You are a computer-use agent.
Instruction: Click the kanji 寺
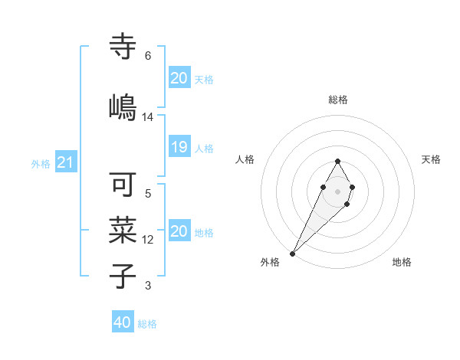[x=123, y=47]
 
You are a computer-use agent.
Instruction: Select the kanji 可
[x=123, y=185]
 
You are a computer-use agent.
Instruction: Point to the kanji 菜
[x=123, y=229]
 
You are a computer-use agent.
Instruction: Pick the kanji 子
[x=123, y=275]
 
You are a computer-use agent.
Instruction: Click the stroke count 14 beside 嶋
[x=148, y=117]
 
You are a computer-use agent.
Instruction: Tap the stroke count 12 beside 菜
[x=148, y=240]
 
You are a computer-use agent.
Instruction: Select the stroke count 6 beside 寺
[x=148, y=56]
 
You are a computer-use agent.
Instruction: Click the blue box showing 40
[x=123, y=322]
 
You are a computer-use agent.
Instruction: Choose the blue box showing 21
[x=66, y=162]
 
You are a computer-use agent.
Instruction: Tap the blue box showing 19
[x=179, y=147]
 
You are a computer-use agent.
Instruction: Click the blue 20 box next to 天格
[x=179, y=78]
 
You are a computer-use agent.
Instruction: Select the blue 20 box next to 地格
[x=179, y=231]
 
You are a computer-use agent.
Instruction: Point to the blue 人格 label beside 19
[x=204, y=148]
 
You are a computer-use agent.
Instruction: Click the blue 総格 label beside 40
[x=147, y=324]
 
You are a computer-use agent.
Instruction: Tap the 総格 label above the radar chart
[x=337, y=100]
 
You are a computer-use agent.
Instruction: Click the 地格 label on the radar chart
[x=402, y=263]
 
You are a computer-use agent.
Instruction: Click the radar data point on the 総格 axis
[x=337, y=161]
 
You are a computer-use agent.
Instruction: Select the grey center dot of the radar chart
[x=337, y=190]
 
